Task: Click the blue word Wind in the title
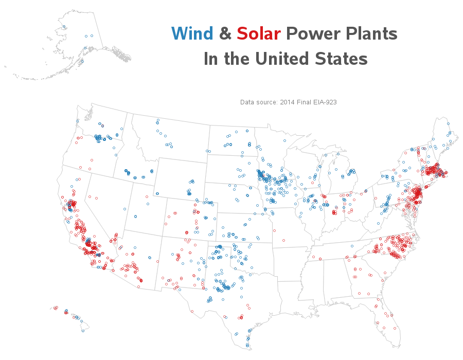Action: tap(192, 34)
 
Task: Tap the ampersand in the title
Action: tap(225, 34)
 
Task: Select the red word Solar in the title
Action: tap(258, 34)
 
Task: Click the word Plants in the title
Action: tap(372, 34)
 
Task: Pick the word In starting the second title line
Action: tap(211, 59)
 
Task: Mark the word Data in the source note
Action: tap(247, 102)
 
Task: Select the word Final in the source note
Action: tap(306, 102)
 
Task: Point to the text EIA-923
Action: tap(326, 102)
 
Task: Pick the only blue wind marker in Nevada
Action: tap(125, 209)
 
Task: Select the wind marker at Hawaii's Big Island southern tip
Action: tap(83, 331)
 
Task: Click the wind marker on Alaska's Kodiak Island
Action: tap(82, 61)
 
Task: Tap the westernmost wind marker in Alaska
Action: tap(64, 27)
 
